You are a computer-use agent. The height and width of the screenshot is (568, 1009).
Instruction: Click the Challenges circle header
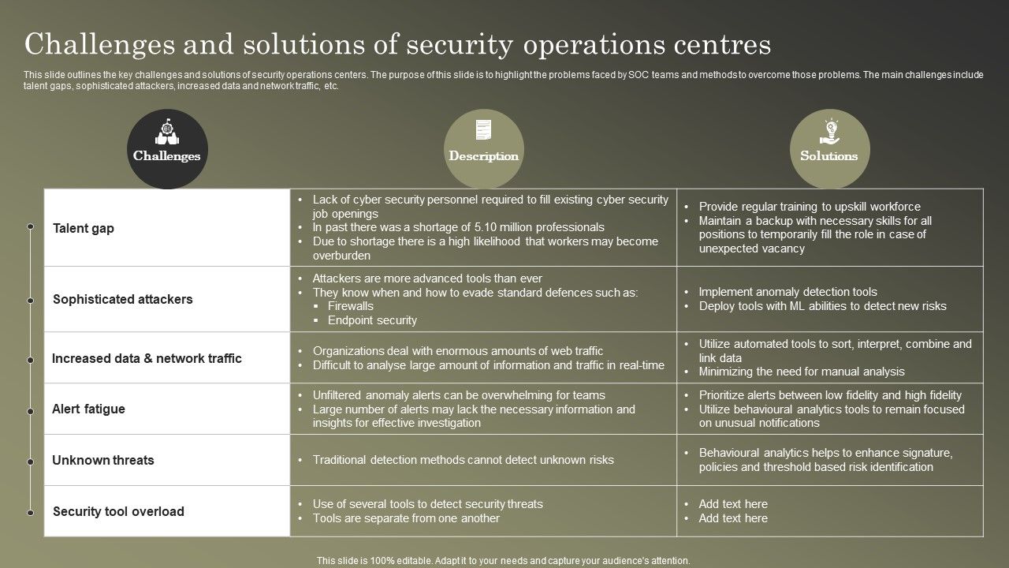coord(166,149)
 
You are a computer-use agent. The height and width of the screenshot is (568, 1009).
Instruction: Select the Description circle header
coord(484,149)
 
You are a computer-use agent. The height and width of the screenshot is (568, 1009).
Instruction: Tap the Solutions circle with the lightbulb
coord(829,149)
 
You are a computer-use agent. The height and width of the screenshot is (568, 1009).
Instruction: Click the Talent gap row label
coord(84,228)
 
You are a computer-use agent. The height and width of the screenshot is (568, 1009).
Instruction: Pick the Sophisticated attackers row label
coord(122,299)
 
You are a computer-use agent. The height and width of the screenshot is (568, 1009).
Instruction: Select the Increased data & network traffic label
coord(147,358)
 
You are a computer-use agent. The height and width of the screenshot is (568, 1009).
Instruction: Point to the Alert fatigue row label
coord(88,409)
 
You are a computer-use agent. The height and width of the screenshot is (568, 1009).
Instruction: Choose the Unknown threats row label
coord(103,460)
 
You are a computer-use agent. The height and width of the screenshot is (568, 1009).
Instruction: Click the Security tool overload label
coord(118,511)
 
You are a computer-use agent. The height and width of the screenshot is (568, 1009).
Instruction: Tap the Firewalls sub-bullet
coord(351,306)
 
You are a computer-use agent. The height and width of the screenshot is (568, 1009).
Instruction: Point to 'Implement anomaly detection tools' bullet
coord(787,292)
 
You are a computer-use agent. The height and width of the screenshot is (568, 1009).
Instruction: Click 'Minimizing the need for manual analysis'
coord(802,372)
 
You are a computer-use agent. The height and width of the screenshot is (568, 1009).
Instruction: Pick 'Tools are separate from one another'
coord(406,518)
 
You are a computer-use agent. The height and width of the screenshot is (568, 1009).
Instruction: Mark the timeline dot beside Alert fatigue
coord(30,411)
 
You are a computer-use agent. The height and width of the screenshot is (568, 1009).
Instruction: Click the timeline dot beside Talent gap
coord(30,227)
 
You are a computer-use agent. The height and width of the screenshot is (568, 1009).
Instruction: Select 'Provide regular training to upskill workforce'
coord(810,207)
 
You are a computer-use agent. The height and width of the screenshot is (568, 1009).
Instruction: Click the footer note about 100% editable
coord(504,560)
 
